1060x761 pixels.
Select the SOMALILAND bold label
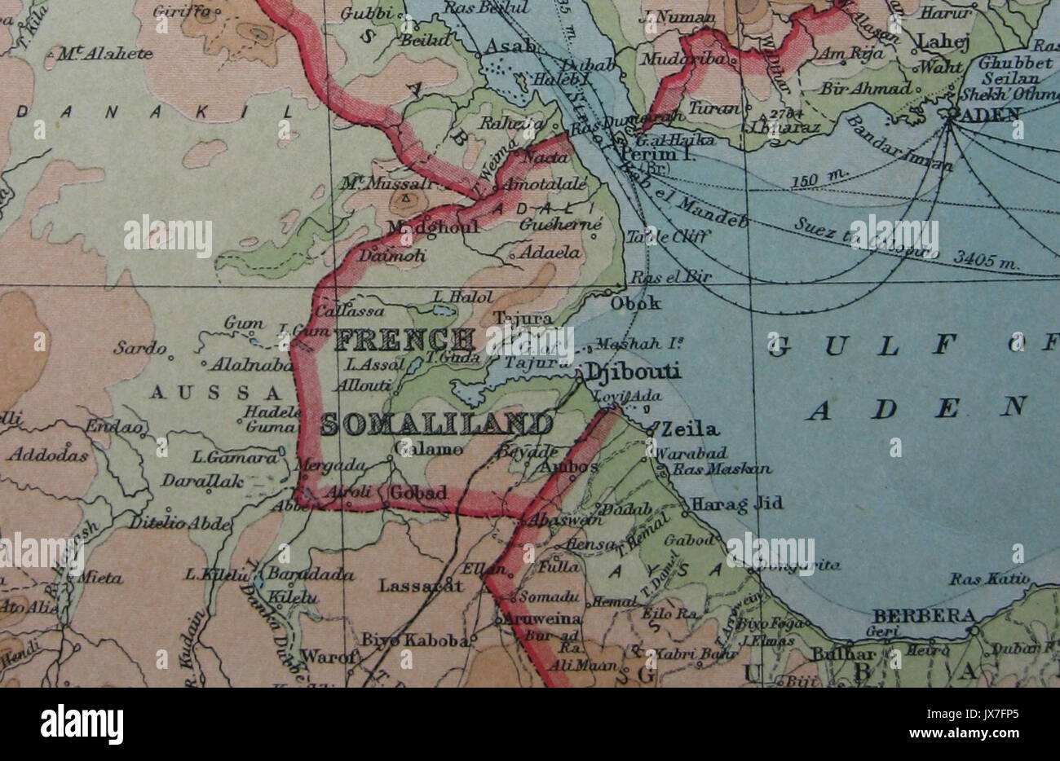click(436, 424)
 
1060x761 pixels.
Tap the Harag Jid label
click(737, 504)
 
